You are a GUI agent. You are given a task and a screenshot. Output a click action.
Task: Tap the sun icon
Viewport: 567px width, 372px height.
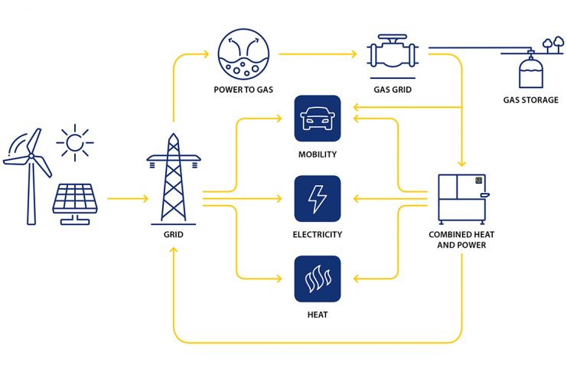(x=75, y=142)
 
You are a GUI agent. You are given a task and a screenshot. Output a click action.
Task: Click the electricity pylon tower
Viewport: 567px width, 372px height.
(x=174, y=179)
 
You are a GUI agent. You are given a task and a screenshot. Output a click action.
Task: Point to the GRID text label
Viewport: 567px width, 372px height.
(x=174, y=234)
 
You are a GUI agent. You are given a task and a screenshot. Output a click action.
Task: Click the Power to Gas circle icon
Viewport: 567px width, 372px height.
(x=243, y=54)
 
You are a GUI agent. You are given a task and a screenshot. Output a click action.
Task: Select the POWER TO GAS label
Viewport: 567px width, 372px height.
(x=243, y=90)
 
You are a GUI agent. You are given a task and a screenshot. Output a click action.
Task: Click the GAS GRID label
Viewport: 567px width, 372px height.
(x=393, y=90)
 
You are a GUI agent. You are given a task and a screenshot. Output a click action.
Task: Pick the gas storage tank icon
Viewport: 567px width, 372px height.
(x=531, y=73)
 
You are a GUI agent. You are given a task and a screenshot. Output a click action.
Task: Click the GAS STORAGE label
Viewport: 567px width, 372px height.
(x=531, y=100)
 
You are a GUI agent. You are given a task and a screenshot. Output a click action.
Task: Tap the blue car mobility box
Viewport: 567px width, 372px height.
(x=318, y=119)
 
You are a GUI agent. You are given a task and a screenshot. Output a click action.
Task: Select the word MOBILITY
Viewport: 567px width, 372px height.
(x=318, y=155)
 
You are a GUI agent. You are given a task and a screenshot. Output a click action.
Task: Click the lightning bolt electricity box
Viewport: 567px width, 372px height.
(x=318, y=199)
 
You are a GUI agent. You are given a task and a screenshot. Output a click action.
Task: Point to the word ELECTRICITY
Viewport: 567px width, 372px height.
(x=318, y=234)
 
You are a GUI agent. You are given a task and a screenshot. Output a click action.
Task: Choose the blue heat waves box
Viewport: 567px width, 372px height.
(x=318, y=279)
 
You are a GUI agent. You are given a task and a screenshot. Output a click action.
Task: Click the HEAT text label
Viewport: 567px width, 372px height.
(x=318, y=315)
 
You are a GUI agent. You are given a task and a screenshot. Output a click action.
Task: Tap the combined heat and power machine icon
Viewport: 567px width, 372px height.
(x=462, y=199)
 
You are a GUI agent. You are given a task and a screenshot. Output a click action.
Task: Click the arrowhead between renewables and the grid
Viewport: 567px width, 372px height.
(x=145, y=199)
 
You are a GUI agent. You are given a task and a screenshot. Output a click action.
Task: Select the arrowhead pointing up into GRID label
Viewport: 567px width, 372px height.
(x=174, y=250)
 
